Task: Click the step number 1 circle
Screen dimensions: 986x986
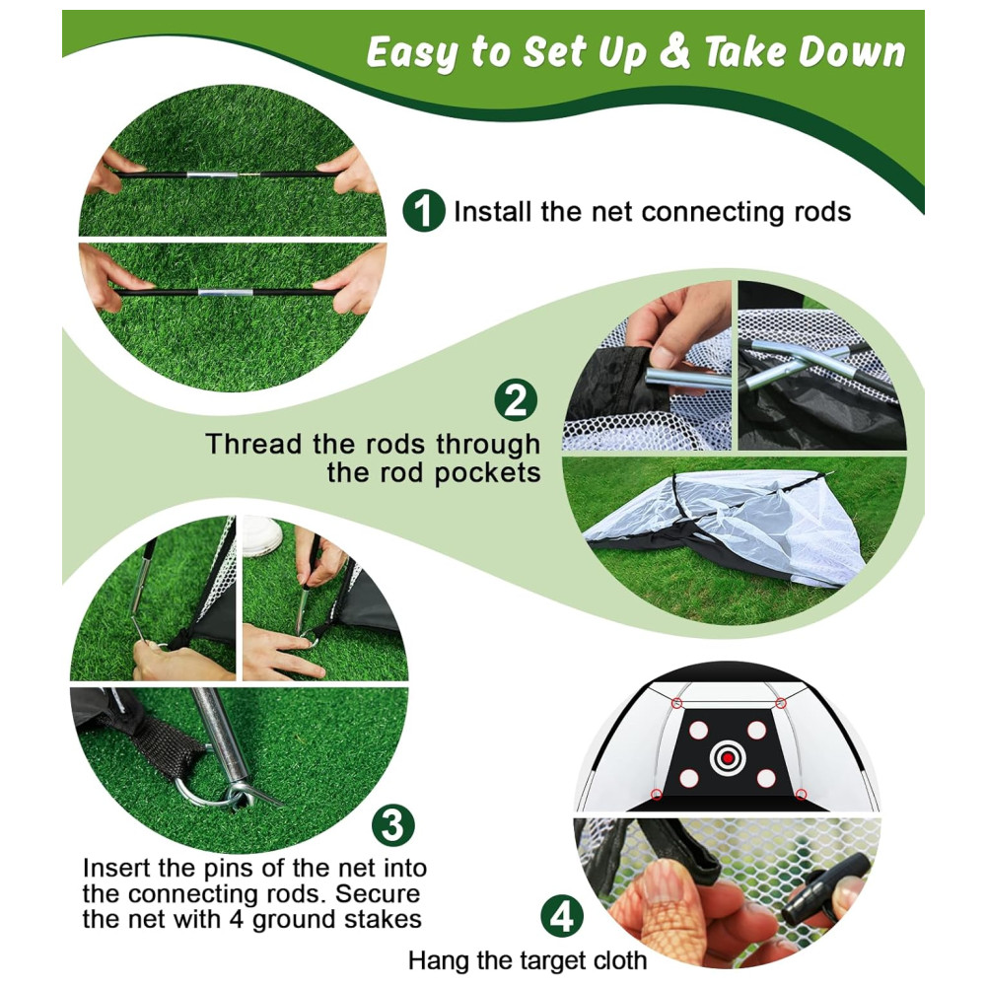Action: (424, 211)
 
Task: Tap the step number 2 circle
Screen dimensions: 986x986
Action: (516, 400)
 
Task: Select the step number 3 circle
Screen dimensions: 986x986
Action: (393, 825)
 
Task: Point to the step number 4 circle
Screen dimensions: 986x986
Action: (562, 916)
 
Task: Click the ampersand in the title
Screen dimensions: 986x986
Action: (674, 51)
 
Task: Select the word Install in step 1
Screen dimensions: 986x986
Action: (493, 211)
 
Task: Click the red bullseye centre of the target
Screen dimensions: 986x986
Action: (728, 757)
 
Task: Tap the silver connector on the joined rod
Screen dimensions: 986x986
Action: (225, 293)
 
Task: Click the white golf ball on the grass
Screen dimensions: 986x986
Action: (262, 536)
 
